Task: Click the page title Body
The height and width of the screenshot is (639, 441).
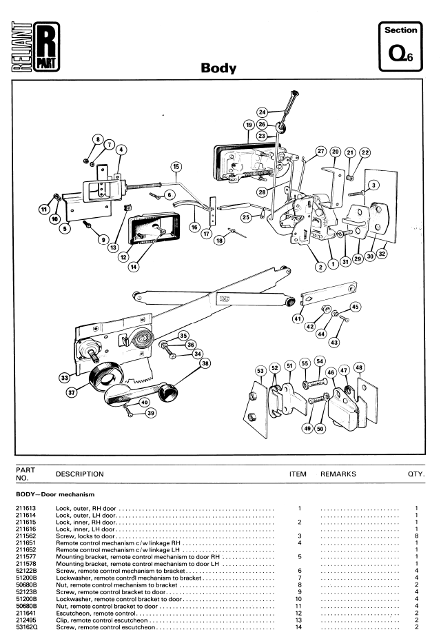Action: point(218,68)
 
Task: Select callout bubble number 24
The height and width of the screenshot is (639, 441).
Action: point(262,112)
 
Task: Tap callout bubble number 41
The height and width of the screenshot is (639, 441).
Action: point(298,318)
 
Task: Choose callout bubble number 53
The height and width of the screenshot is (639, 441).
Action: point(260,372)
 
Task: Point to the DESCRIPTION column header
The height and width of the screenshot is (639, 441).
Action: point(79,474)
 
